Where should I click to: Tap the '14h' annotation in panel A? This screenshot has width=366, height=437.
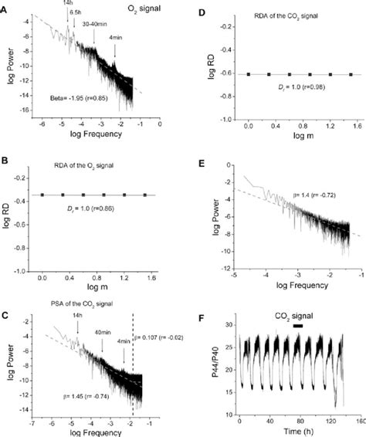point(67,4)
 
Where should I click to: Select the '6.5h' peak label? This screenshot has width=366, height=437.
point(76,14)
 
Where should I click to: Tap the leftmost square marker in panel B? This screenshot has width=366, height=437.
point(42,195)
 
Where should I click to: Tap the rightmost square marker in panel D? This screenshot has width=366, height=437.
point(351,74)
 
